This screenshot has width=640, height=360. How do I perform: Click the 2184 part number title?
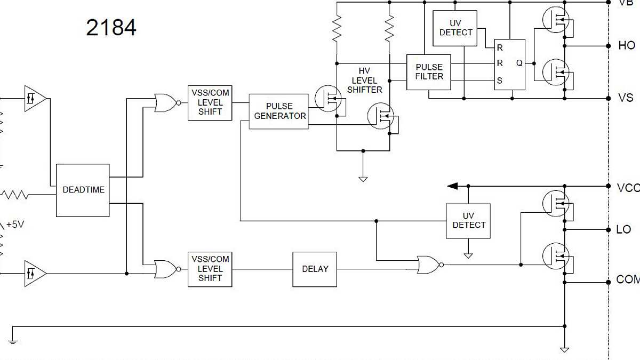(111, 28)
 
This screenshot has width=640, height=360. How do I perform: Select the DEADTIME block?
(83, 190)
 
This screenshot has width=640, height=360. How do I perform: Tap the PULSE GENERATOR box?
(279, 111)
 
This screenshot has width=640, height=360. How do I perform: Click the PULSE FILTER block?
(429, 71)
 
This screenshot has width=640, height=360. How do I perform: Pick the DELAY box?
(315, 269)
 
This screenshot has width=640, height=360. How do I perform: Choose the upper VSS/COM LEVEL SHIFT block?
(210, 102)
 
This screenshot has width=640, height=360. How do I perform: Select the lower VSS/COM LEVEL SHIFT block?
(210, 269)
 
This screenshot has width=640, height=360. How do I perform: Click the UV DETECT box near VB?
(455, 28)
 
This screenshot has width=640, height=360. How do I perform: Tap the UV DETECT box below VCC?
(468, 221)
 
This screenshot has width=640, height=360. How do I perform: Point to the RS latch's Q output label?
(518, 63)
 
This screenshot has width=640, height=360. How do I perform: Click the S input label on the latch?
(500, 81)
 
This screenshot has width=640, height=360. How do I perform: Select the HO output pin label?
(626, 46)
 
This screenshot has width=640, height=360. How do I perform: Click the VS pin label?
(625, 98)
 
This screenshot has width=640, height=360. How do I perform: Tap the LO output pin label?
(623, 229)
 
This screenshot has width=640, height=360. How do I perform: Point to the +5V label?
(15, 225)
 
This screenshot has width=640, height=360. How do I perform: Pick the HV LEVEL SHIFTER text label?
(364, 81)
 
